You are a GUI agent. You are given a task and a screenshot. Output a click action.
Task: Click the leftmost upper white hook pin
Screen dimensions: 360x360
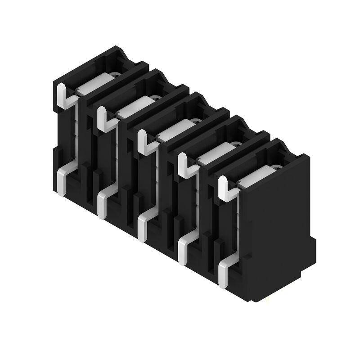pos(62,97)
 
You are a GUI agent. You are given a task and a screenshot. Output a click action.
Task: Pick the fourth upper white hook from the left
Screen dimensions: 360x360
pos(183,164)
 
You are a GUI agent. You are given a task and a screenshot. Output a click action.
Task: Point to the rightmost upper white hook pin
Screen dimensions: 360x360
pos(224,188)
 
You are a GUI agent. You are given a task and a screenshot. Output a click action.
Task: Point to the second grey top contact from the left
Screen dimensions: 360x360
pos(134,106)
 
